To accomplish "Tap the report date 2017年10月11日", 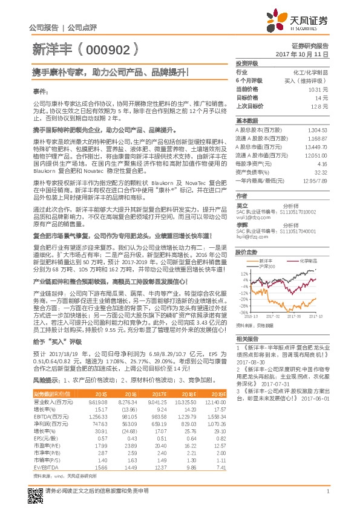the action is click(x=306, y=54).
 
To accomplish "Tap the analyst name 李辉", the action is click(x=241, y=224).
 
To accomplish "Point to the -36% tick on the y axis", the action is click(x=243, y=312).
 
